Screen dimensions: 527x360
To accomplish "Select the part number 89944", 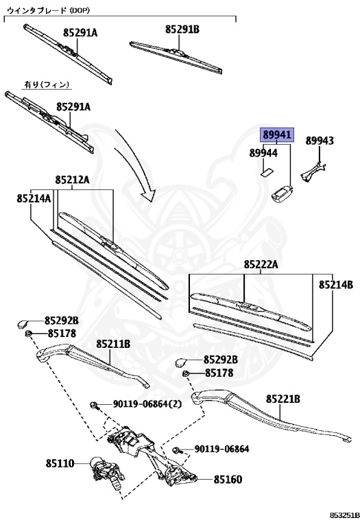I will [263, 152].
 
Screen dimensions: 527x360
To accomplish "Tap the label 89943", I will [320, 141].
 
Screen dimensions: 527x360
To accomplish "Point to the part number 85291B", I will [182, 30].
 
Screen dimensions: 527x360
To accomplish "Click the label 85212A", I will [73, 180].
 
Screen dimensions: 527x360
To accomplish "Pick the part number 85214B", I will [335, 283].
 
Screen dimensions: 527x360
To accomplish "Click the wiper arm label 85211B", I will [113, 344].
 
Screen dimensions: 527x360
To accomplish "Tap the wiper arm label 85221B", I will [283, 399].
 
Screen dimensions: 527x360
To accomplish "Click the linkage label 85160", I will [228, 480].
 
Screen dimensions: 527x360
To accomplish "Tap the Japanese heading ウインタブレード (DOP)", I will [48, 10].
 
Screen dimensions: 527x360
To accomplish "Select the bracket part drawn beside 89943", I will [316, 170].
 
